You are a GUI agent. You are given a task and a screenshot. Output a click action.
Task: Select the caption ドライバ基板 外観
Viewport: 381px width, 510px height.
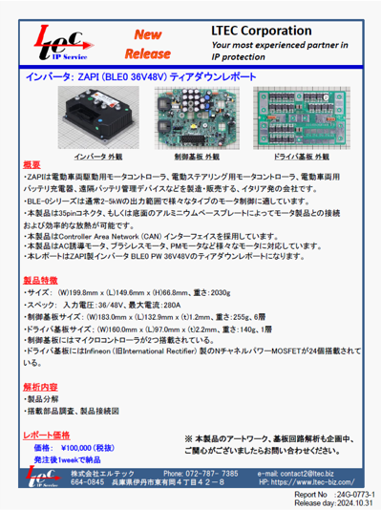(x=295, y=154)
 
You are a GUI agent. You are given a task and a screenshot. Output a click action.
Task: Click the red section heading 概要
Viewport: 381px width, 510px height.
(x=32, y=165)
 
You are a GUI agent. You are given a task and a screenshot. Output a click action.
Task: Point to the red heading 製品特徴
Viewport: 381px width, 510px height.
(x=40, y=281)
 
